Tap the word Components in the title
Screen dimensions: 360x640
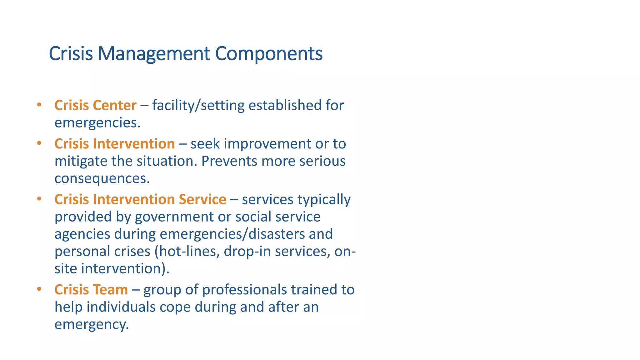[x=269, y=54]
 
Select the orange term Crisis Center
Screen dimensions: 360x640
[x=95, y=105]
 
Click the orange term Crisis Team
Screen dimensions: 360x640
[x=91, y=290]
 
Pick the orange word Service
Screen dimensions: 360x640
[x=202, y=199]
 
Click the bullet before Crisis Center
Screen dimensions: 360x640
[x=39, y=105]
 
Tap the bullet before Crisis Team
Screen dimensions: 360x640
[x=39, y=289]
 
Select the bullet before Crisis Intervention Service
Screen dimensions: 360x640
[x=39, y=199]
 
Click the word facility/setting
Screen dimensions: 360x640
[x=198, y=105]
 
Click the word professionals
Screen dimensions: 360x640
[x=244, y=290]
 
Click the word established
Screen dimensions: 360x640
[x=285, y=105]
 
